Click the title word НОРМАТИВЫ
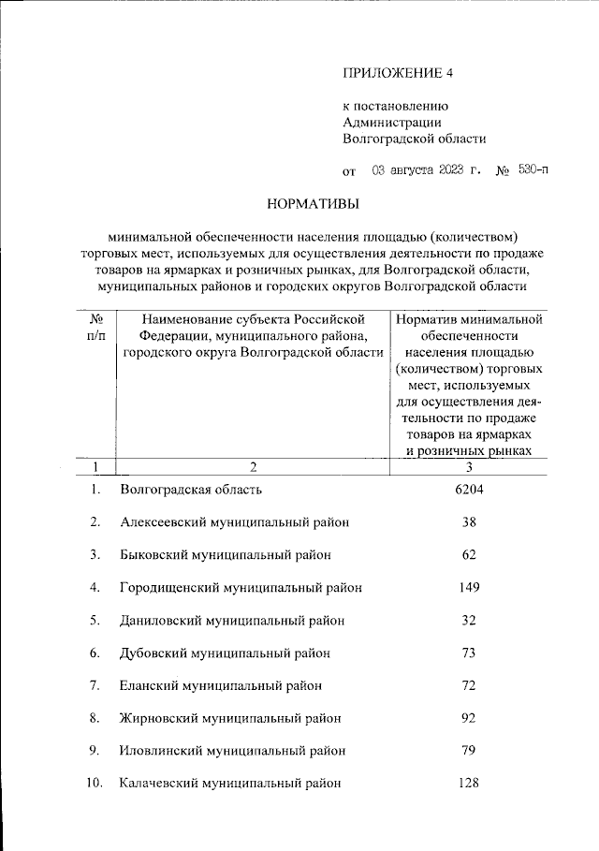(x=313, y=203)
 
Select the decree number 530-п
(x=533, y=171)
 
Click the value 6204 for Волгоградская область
(x=469, y=490)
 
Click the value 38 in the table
(x=469, y=522)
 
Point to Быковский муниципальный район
(x=226, y=555)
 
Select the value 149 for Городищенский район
(x=469, y=587)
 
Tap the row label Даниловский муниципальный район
(x=232, y=620)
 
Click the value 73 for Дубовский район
(x=469, y=652)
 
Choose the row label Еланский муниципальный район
(x=221, y=685)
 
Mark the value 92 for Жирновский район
(x=469, y=717)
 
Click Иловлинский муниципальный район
(x=232, y=751)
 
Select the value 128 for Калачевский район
(x=469, y=783)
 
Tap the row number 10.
(x=95, y=783)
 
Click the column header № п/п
(x=95, y=327)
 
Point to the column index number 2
(x=252, y=466)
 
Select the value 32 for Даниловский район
(x=469, y=620)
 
